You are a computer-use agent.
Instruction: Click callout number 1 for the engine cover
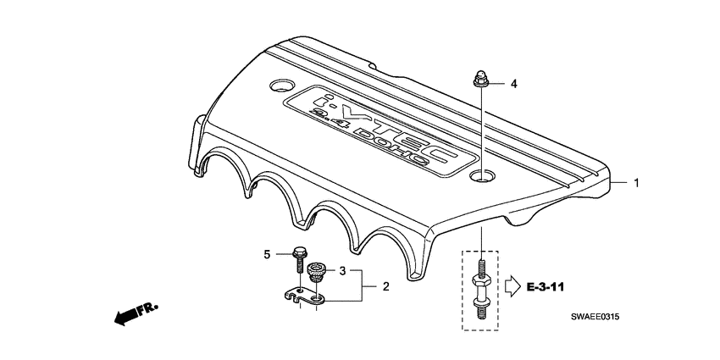(638, 182)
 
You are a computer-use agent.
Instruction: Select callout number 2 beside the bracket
(385, 287)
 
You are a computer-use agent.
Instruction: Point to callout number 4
(512, 84)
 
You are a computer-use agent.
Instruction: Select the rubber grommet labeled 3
(317, 272)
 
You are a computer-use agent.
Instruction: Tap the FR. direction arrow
(130, 316)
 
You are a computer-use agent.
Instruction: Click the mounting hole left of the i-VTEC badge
(280, 86)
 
